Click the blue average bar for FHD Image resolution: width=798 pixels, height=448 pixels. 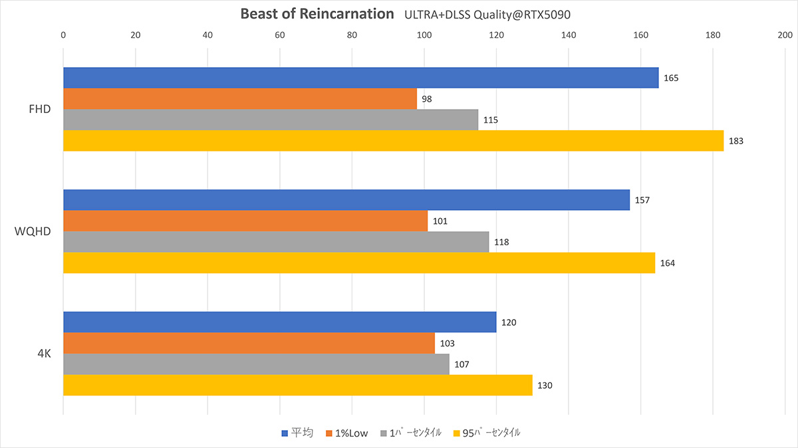(361, 78)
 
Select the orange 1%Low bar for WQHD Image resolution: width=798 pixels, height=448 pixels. (245, 221)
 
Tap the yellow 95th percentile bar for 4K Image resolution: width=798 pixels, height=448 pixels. (298, 385)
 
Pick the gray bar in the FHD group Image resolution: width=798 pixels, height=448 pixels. (271, 120)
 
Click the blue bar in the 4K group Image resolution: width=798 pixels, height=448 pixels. (280, 322)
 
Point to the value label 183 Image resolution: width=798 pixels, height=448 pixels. (736, 141)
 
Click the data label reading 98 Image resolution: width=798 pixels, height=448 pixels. (427, 99)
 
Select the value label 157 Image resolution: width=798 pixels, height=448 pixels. (642, 200)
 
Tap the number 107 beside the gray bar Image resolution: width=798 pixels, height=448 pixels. (462, 364)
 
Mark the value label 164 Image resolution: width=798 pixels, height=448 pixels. (668, 263)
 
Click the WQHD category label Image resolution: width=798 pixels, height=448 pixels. (33, 231)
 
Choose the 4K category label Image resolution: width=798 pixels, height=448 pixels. (44, 354)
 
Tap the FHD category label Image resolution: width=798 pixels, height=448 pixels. (40, 109)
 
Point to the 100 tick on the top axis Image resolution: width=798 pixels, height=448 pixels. (424, 35)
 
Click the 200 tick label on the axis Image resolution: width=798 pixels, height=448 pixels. (785, 35)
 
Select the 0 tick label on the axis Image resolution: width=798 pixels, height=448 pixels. (63, 35)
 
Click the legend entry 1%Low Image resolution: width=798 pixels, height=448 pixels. (347, 433)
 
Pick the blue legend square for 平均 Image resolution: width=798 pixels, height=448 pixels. (285, 433)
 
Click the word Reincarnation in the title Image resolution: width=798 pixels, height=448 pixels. (346, 14)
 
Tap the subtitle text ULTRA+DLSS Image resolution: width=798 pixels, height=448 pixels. (438, 15)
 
